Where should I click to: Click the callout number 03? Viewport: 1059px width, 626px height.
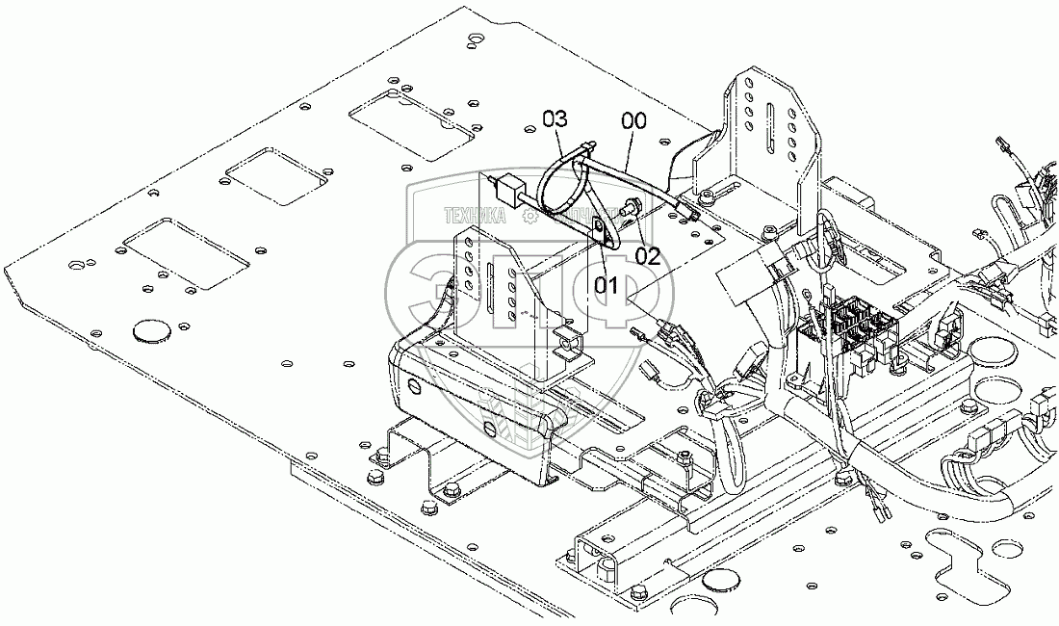[555, 119]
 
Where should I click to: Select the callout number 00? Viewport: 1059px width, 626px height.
[634, 121]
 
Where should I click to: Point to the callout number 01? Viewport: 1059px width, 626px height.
[605, 284]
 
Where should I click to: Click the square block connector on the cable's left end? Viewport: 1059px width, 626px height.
[508, 185]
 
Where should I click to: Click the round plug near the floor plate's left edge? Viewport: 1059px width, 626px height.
[147, 331]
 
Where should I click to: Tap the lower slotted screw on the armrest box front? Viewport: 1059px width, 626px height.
[488, 429]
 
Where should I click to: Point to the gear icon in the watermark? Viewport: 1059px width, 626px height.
[529, 218]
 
